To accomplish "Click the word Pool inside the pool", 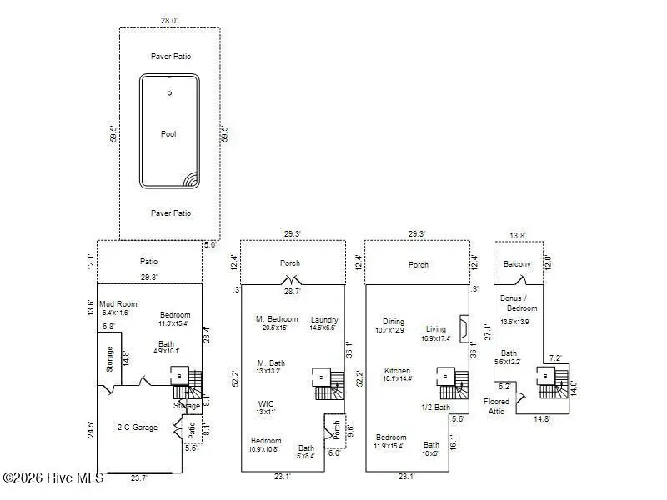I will coord(168,133).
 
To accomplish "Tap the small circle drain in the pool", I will coord(169,93).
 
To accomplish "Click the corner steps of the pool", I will coord(191,179).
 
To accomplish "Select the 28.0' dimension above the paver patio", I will coord(169,20).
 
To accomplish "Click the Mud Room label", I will coord(118,304).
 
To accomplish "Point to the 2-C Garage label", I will coord(137,427).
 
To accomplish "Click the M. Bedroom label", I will coord(276,318).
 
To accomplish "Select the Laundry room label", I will coord(324,320).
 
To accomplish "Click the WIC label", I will coord(265,403).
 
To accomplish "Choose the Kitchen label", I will coord(397,370).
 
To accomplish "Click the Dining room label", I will coord(394,322).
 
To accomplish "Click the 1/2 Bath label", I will coord(437,407).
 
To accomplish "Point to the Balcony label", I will coord(518,264).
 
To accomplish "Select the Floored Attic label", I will coord(497,406).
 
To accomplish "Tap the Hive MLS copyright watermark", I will coord(53,477).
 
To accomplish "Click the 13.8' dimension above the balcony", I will coord(518,236).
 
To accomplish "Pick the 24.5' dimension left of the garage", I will coord(91,429).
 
